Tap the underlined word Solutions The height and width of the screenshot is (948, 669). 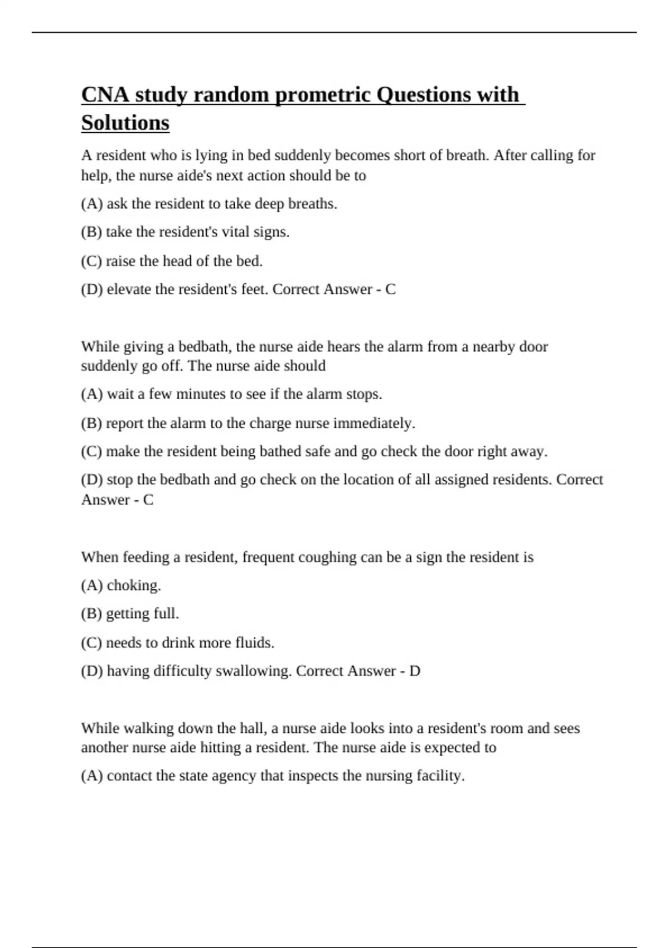[125, 123]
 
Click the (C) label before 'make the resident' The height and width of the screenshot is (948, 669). [91, 452]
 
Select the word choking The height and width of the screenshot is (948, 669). [134, 586]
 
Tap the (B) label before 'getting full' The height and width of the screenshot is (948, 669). [91, 614]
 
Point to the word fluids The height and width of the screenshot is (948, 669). [255, 643]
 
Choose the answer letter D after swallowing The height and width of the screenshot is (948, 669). [415, 671]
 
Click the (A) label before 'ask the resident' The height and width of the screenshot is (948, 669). [92, 204]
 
